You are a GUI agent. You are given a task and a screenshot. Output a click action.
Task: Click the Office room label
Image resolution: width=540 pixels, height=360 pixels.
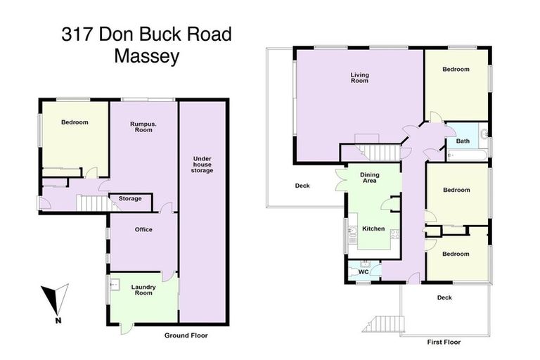(x=143, y=229)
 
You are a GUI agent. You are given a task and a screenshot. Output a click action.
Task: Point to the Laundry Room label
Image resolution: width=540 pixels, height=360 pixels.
(x=143, y=290)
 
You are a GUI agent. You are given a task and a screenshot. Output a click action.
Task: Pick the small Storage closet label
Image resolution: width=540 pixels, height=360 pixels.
(x=130, y=198)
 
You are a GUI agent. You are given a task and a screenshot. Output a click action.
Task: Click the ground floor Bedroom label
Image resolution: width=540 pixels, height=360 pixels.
(x=75, y=122)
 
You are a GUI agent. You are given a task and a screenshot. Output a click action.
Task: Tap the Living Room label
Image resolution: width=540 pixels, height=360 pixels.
(x=360, y=77)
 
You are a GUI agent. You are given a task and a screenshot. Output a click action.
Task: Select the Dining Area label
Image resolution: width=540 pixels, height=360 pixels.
(x=369, y=178)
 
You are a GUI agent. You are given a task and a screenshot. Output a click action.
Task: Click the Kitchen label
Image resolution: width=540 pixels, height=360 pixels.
(x=373, y=229)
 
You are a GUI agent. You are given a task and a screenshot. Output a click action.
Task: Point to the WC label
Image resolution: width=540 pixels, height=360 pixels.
(x=364, y=271)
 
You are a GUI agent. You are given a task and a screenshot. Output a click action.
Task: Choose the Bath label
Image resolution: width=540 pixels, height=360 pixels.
(x=463, y=141)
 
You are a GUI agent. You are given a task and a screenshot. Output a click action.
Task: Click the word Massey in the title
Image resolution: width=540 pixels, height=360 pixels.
(x=146, y=57)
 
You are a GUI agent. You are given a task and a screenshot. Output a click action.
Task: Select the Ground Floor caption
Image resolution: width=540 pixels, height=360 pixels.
(x=186, y=335)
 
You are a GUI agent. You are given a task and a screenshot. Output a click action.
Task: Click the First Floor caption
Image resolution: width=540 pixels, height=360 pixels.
(x=444, y=342)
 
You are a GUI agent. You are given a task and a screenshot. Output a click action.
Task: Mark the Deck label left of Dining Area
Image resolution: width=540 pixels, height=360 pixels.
(x=302, y=186)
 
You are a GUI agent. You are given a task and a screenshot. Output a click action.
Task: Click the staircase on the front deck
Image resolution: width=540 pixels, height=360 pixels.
(x=383, y=323)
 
